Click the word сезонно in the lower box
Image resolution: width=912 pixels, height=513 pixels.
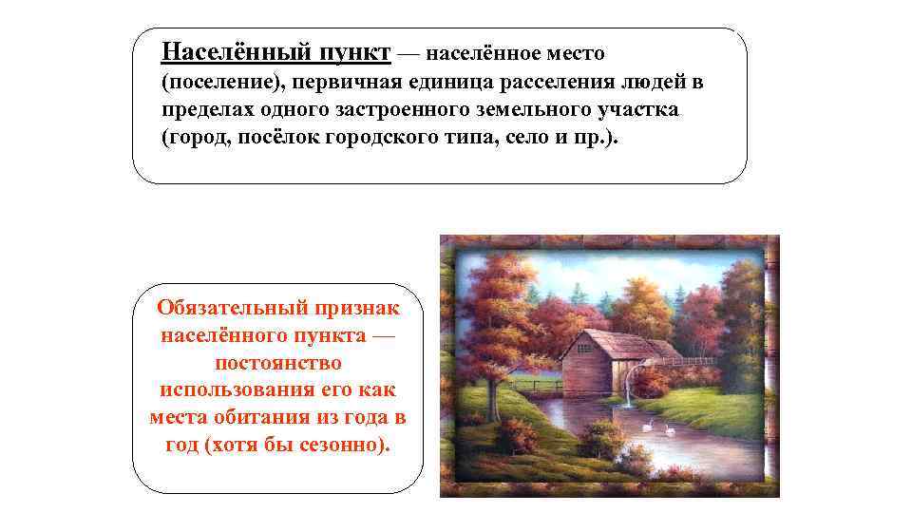tap(339, 445)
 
